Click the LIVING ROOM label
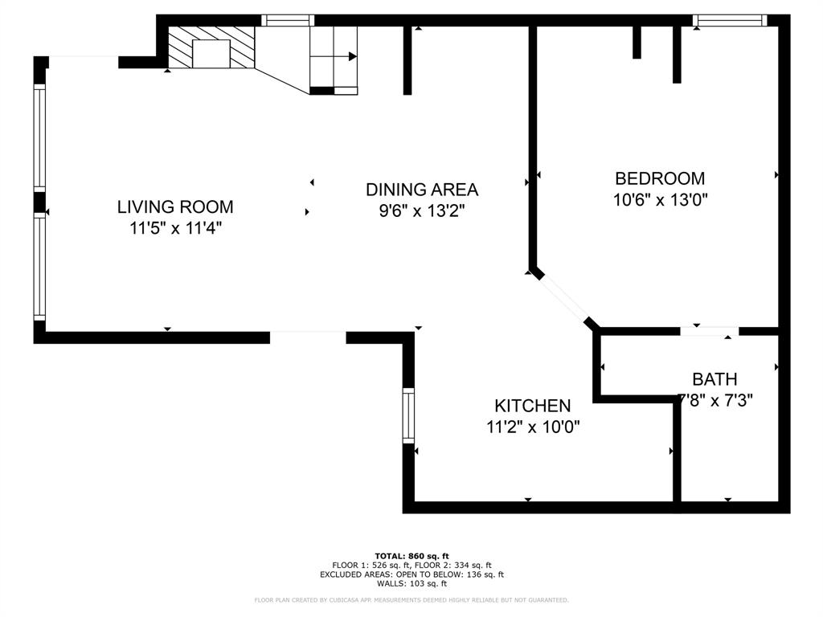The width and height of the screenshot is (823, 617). (175, 206)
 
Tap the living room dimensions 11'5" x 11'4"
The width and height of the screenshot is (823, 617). (175, 228)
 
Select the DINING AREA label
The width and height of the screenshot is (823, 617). (421, 190)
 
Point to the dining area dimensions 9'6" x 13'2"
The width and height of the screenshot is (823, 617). (421, 210)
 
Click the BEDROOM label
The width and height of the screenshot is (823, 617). (659, 178)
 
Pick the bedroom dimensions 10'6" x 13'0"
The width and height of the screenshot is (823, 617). (660, 200)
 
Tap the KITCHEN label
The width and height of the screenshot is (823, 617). (532, 406)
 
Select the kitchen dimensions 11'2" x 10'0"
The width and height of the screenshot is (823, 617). (532, 427)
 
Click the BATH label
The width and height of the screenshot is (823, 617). (714, 379)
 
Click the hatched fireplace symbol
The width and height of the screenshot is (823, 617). (211, 48)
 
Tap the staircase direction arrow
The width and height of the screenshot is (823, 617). (352, 56)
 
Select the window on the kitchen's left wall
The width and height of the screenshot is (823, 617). (408, 415)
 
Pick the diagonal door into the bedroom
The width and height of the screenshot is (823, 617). (563, 298)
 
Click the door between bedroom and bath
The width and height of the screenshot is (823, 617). (709, 330)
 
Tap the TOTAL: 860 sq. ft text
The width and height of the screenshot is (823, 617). (411, 556)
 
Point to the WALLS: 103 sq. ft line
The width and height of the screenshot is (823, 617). (411, 584)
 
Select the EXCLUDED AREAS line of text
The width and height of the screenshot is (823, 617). (411, 574)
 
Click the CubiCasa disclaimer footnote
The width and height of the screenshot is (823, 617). (411, 600)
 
